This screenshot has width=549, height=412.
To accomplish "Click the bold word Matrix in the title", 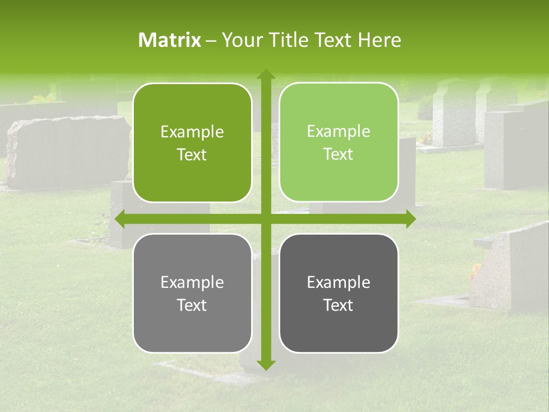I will coord(170,40).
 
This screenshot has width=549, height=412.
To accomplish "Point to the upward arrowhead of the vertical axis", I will coord(266,75).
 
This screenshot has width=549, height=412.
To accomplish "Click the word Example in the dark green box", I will coord(192,132).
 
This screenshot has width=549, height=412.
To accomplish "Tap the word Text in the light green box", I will coord(339,154).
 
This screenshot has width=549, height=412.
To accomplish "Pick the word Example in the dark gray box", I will coord(339,283).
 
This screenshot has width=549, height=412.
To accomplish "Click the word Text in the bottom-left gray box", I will coord(192,305).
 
